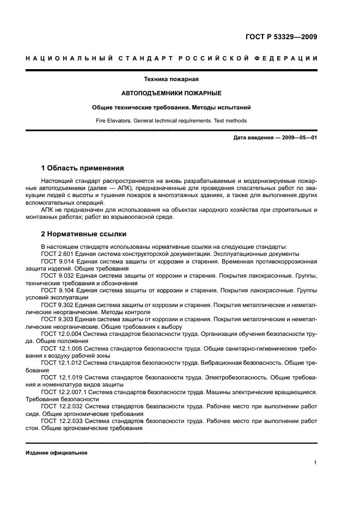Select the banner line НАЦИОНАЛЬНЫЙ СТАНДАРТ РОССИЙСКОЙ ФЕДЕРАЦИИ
pyautogui.click(x=172, y=59)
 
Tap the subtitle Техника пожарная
pyautogui.click(x=171, y=79)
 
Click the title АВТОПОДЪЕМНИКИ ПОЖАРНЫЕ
pyautogui.click(x=171, y=94)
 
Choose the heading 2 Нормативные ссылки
pyautogui.click(x=84, y=234)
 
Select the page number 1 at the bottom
pyautogui.click(x=315, y=462)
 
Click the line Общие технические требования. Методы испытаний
pyautogui.click(x=171, y=108)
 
